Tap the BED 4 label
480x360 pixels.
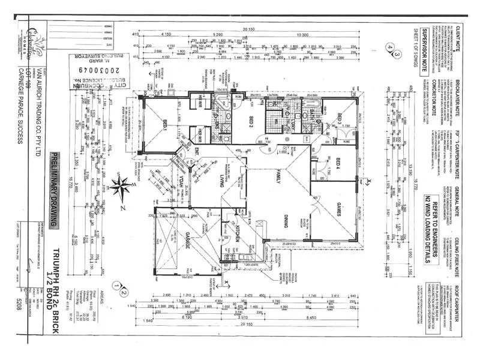tap(338, 163)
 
